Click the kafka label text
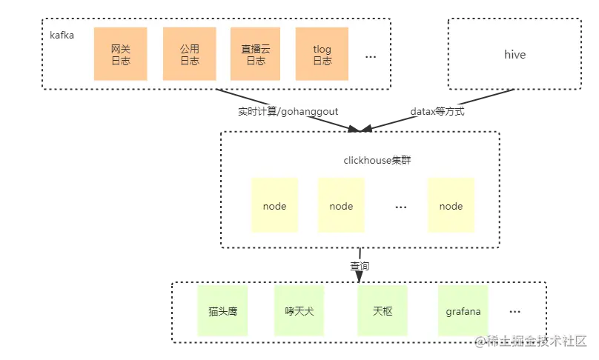[62, 35]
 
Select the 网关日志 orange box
[120, 54]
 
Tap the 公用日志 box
[189, 54]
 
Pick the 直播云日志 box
[256, 54]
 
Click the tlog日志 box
[322, 54]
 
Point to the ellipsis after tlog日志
[371, 56]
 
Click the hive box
[514, 55]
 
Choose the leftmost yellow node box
[274, 206]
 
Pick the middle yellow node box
[341, 206]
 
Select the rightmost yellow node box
[451, 206]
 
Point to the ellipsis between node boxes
[401, 207]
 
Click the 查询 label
[360, 265]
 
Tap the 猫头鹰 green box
[222, 311]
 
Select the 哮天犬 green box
[299, 311]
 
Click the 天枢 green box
[383, 311]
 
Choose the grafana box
[463, 311]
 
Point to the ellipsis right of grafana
[514, 312]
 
